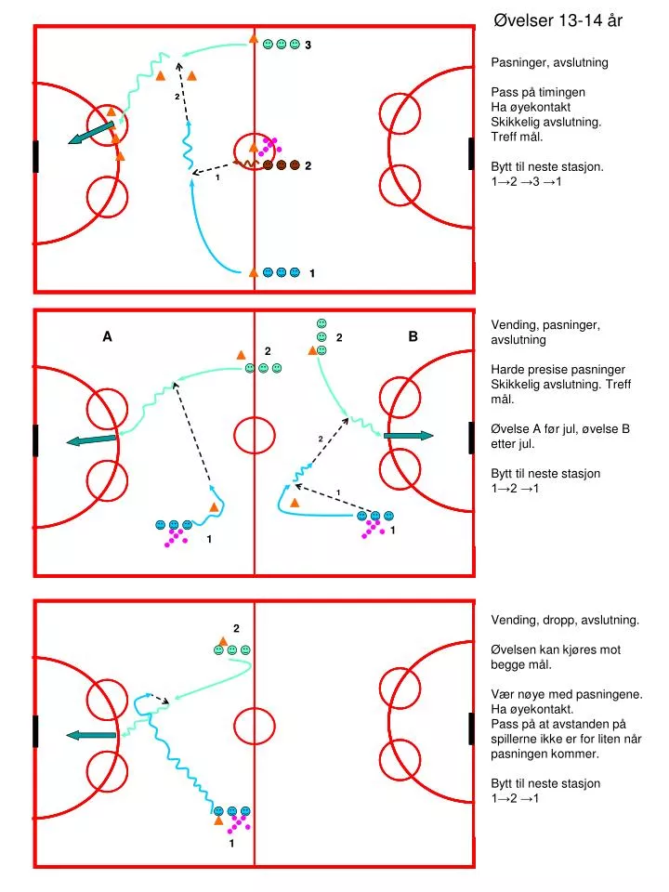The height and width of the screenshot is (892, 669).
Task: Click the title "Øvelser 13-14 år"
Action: tap(558, 21)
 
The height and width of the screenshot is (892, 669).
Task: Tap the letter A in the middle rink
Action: tap(107, 336)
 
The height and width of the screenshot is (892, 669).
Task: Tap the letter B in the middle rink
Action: tap(413, 336)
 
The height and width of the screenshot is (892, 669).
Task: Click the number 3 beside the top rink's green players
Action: tap(308, 45)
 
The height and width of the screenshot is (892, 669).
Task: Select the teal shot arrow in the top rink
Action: tap(91, 133)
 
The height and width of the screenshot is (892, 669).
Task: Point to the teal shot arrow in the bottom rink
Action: tap(91, 736)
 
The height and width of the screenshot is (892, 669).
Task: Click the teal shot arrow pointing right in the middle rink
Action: tap(409, 436)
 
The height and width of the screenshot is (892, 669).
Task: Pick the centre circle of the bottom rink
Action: tap(255, 726)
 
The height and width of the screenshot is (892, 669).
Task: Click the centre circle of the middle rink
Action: tap(255, 436)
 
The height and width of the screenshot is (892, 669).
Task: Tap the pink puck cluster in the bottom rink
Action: tap(239, 824)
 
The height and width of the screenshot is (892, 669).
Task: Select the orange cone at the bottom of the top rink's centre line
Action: tap(254, 272)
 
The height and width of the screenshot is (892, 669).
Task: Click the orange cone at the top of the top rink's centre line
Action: tap(254, 39)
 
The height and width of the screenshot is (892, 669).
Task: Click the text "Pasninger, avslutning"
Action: tap(549, 63)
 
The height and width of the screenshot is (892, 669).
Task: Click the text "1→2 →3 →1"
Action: tap(526, 182)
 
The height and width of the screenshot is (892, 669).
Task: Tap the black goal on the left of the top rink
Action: tap(36, 156)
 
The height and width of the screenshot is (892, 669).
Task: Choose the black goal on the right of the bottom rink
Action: tap(472, 728)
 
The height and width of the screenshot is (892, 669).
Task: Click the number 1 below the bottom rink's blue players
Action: tap(231, 844)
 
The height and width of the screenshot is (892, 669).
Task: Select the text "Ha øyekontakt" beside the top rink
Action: tap(531, 108)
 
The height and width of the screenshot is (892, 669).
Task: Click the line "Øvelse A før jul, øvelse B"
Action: tap(560, 429)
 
